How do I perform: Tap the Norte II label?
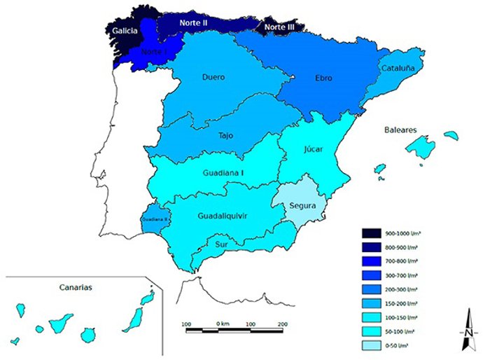click(194, 23)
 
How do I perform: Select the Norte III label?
click(280, 27)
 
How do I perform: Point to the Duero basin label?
click(213, 77)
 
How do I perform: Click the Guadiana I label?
click(205, 172)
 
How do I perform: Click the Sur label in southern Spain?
click(222, 244)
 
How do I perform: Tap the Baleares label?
click(400, 130)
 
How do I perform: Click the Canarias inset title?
click(76, 287)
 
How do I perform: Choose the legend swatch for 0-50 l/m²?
click(372, 345)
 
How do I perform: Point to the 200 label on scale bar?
click(282, 324)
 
